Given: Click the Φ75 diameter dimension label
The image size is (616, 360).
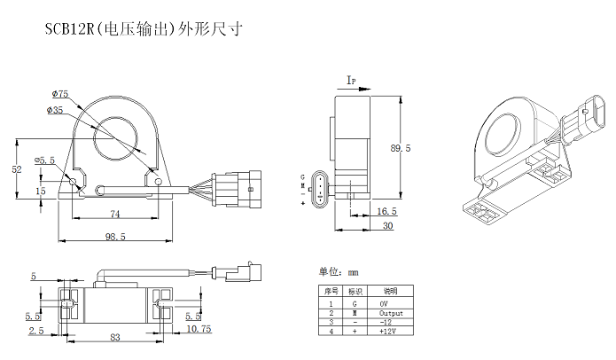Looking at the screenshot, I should click(x=61, y=92).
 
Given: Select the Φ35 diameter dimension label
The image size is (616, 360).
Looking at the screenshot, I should click(x=57, y=110).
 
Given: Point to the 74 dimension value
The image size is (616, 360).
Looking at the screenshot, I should click(x=114, y=214).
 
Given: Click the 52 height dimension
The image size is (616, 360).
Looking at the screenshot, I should click(x=16, y=168).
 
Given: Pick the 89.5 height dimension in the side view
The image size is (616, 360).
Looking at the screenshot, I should click(x=401, y=149).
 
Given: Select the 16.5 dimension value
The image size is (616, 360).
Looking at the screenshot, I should click(x=386, y=212).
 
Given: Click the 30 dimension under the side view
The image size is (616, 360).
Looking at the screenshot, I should click(x=387, y=226).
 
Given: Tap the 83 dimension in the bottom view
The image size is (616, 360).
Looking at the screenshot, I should click(x=115, y=337).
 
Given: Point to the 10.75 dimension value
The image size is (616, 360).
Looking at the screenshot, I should click(x=198, y=331).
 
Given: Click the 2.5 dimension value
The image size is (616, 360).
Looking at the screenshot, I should click(x=35, y=331).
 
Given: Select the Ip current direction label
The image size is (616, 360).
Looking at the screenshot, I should click(x=351, y=81).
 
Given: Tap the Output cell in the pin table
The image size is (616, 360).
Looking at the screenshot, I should click(x=391, y=313).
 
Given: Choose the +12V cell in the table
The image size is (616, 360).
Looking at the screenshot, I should click(x=391, y=331).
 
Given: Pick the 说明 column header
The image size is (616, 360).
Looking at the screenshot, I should click(x=391, y=291).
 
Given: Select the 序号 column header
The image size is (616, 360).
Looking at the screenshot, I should click(x=329, y=291).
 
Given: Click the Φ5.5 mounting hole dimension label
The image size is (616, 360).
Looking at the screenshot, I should click(x=45, y=160).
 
